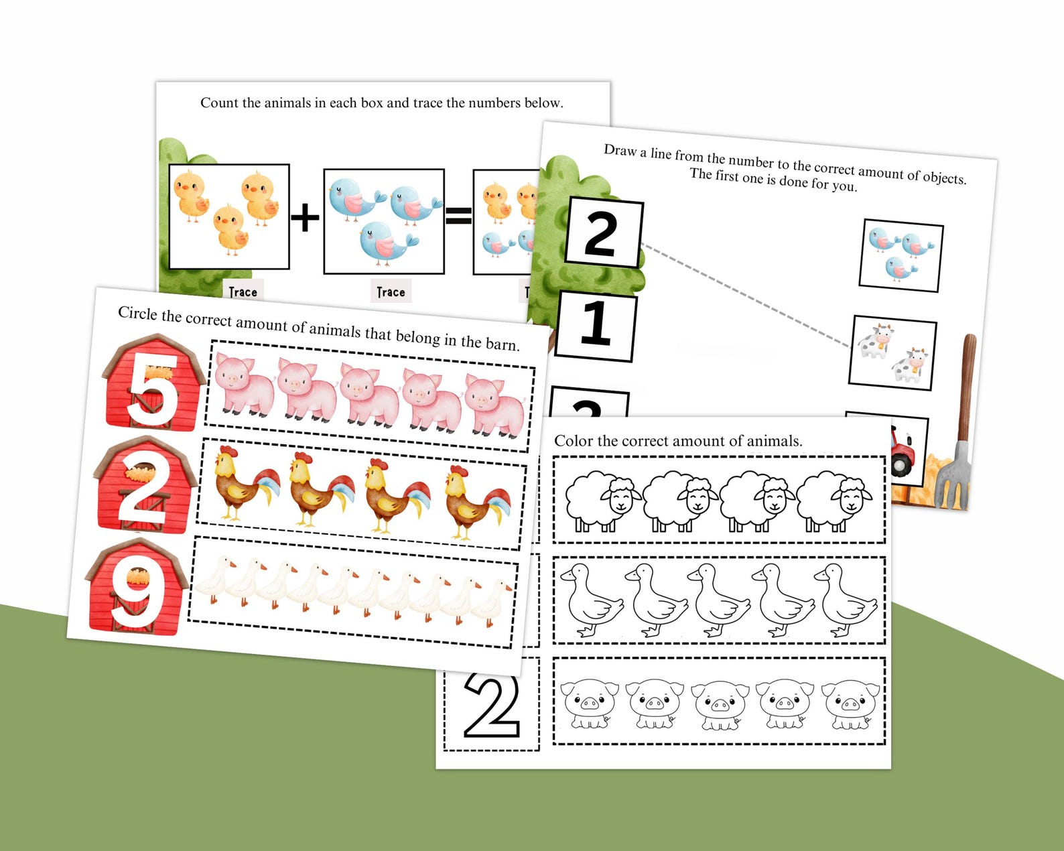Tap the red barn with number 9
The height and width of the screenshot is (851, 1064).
click(x=137, y=588)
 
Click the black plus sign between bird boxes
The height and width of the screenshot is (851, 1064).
click(x=306, y=218)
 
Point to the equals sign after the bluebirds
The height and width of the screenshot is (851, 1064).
click(x=458, y=216)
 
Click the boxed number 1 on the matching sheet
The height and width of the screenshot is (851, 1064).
click(x=596, y=325)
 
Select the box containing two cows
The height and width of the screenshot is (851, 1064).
click(x=892, y=353)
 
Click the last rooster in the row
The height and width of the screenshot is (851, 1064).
click(x=476, y=502)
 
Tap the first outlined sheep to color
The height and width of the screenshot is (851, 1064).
click(x=600, y=501)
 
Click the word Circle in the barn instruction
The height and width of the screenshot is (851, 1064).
click(x=139, y=313)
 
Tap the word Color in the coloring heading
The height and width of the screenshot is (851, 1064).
click(x=574, y=441)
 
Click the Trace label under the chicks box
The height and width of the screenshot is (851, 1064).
click(x=243, y=292)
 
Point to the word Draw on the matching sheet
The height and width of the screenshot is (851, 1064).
click(x=620, y=150)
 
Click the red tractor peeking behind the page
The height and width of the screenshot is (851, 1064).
click(x=902, y=452)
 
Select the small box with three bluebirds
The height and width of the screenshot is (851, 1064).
click(x=901, y=255)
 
